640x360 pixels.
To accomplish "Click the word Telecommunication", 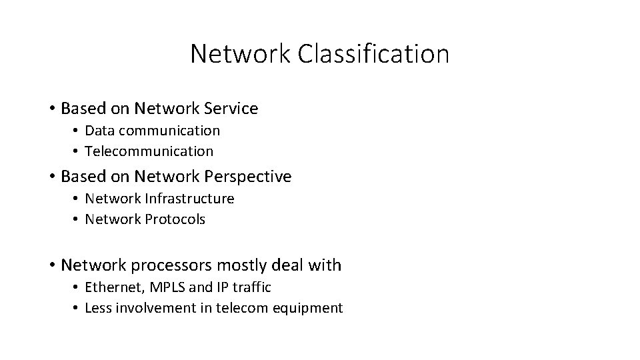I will [x=149, y=151].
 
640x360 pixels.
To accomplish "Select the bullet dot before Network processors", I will [x=52, y=265].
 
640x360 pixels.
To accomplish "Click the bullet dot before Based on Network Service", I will [x=52, y=108].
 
